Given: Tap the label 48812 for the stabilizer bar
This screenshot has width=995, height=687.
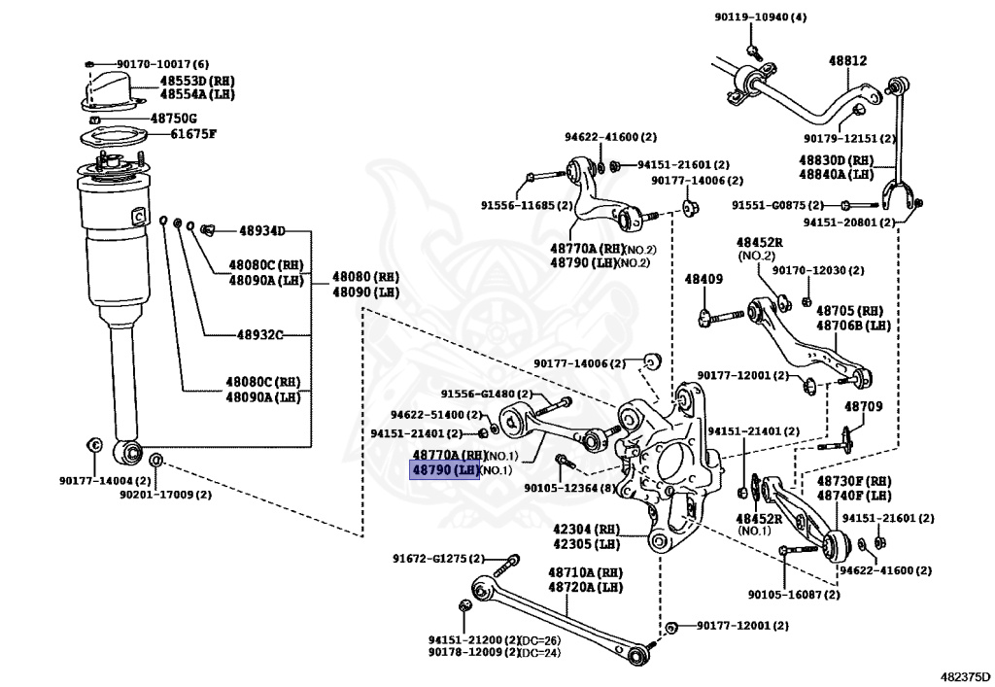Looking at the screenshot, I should click(x=847, y=60).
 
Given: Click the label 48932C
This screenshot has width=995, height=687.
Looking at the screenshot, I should click(x=259, y=335).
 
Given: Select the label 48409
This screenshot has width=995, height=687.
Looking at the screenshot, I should click(x=703, y=280).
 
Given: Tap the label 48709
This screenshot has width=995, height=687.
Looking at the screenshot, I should click(x=863, y=406).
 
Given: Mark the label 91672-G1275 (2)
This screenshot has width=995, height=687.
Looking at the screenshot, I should click(x=438, y=559).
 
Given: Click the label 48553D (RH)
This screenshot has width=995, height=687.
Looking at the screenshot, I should click(x=197, y=80).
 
